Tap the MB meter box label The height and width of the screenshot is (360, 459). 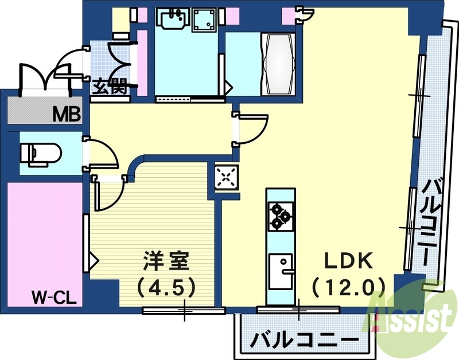[67, 114]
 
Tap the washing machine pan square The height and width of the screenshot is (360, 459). [204, 21]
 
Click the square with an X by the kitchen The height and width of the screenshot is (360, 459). [226, 177]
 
